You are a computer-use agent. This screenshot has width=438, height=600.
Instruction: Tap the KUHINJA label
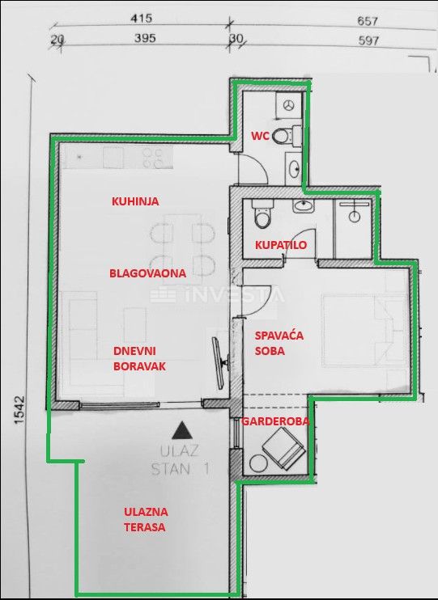(x=134, y=201)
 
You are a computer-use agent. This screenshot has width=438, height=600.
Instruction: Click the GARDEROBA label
(x=273, y=421)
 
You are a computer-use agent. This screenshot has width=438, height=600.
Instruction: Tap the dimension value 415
(x=141, y=18)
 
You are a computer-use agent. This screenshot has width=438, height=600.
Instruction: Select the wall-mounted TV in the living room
(x=219, y=357)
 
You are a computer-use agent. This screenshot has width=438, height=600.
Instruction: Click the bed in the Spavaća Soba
(x=364, y=327)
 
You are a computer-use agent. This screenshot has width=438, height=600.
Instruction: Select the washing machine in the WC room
(x=290, y=104)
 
